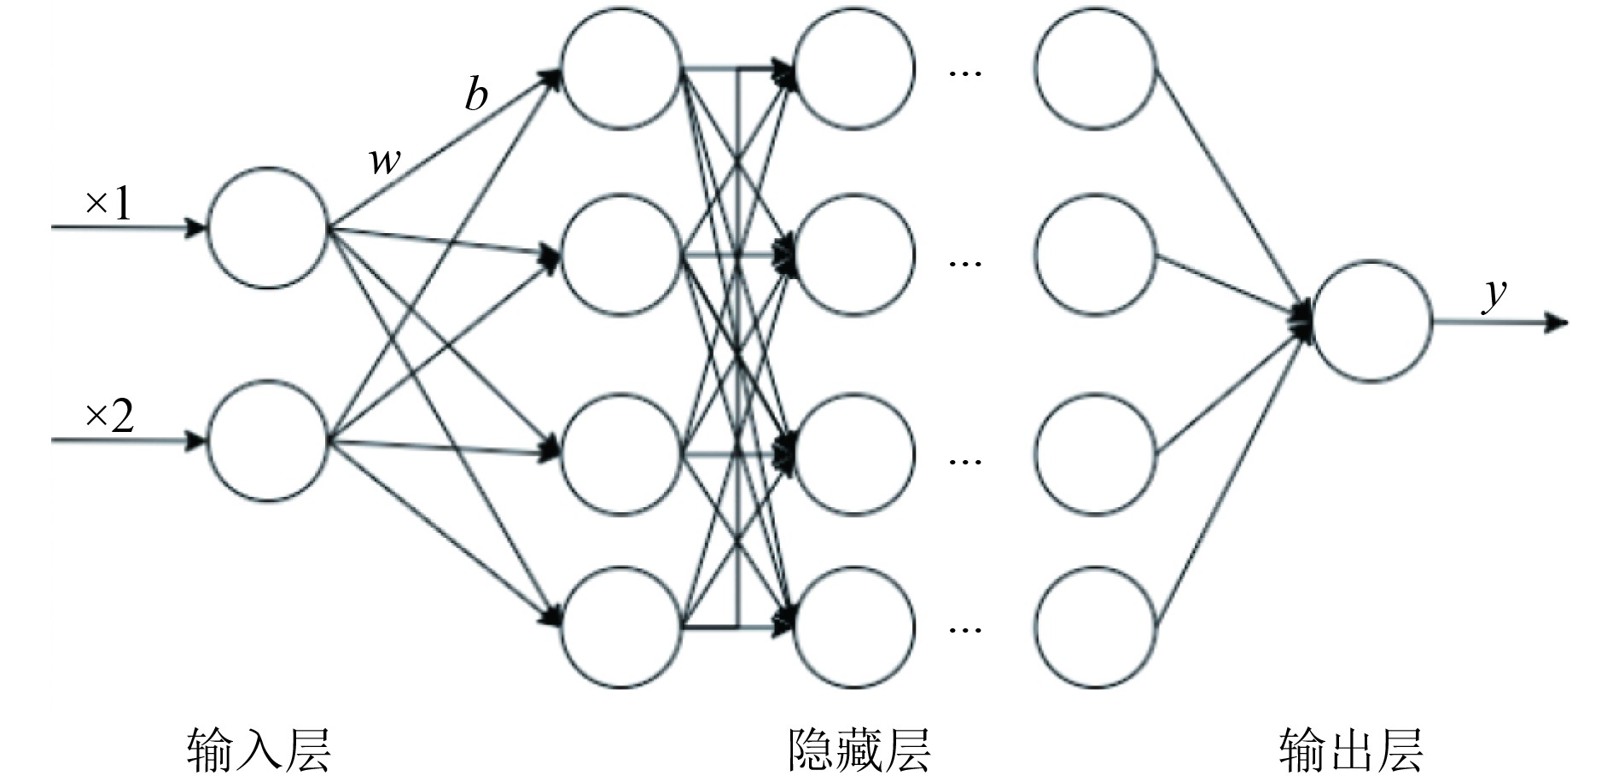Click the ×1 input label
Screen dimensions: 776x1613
pyautogui.click(x=108, y=205)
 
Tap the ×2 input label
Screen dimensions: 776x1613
pyautogui.click(x=109, y=417)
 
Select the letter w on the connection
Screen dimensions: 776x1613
pyautogui.click(x=385, y=159)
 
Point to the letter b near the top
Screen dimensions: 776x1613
pyautogui.click(x=476, y=94)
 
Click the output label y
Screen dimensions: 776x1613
pyautogui.click(x=1494, y=295)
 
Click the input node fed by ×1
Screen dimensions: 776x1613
pyautogui.click(x=268, y=228)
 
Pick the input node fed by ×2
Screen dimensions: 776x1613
pyautogui.click(x=268, y=441)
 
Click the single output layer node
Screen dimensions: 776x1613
pyautogui.click(x=1371, y=322)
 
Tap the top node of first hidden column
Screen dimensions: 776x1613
pyautogui.click(x=621, y=69)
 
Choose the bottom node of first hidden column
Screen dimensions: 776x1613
pyautogui.click(x=621, y=627)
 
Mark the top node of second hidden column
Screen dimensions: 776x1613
pyautogui.click(x=854, y=69)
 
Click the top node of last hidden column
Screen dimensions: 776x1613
pyautogui.click(x=1096, y=69)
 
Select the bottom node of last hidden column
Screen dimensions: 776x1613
pyautogui.click(x=1096, y=627)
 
